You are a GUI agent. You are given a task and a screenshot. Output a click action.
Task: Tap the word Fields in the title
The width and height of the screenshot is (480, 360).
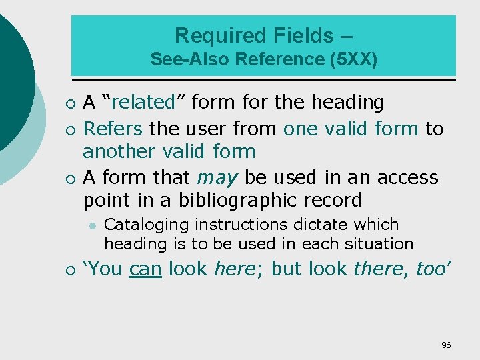click(294, 35)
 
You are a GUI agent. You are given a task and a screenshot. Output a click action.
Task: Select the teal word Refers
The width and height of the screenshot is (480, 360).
click(113, 128)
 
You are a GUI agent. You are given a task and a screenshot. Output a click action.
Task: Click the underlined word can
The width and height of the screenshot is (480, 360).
click(146, 269)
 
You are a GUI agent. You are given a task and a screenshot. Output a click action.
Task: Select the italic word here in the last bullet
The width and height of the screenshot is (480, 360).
click(234, 269)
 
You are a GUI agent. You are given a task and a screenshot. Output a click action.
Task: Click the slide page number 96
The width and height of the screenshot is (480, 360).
click(446, 345)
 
